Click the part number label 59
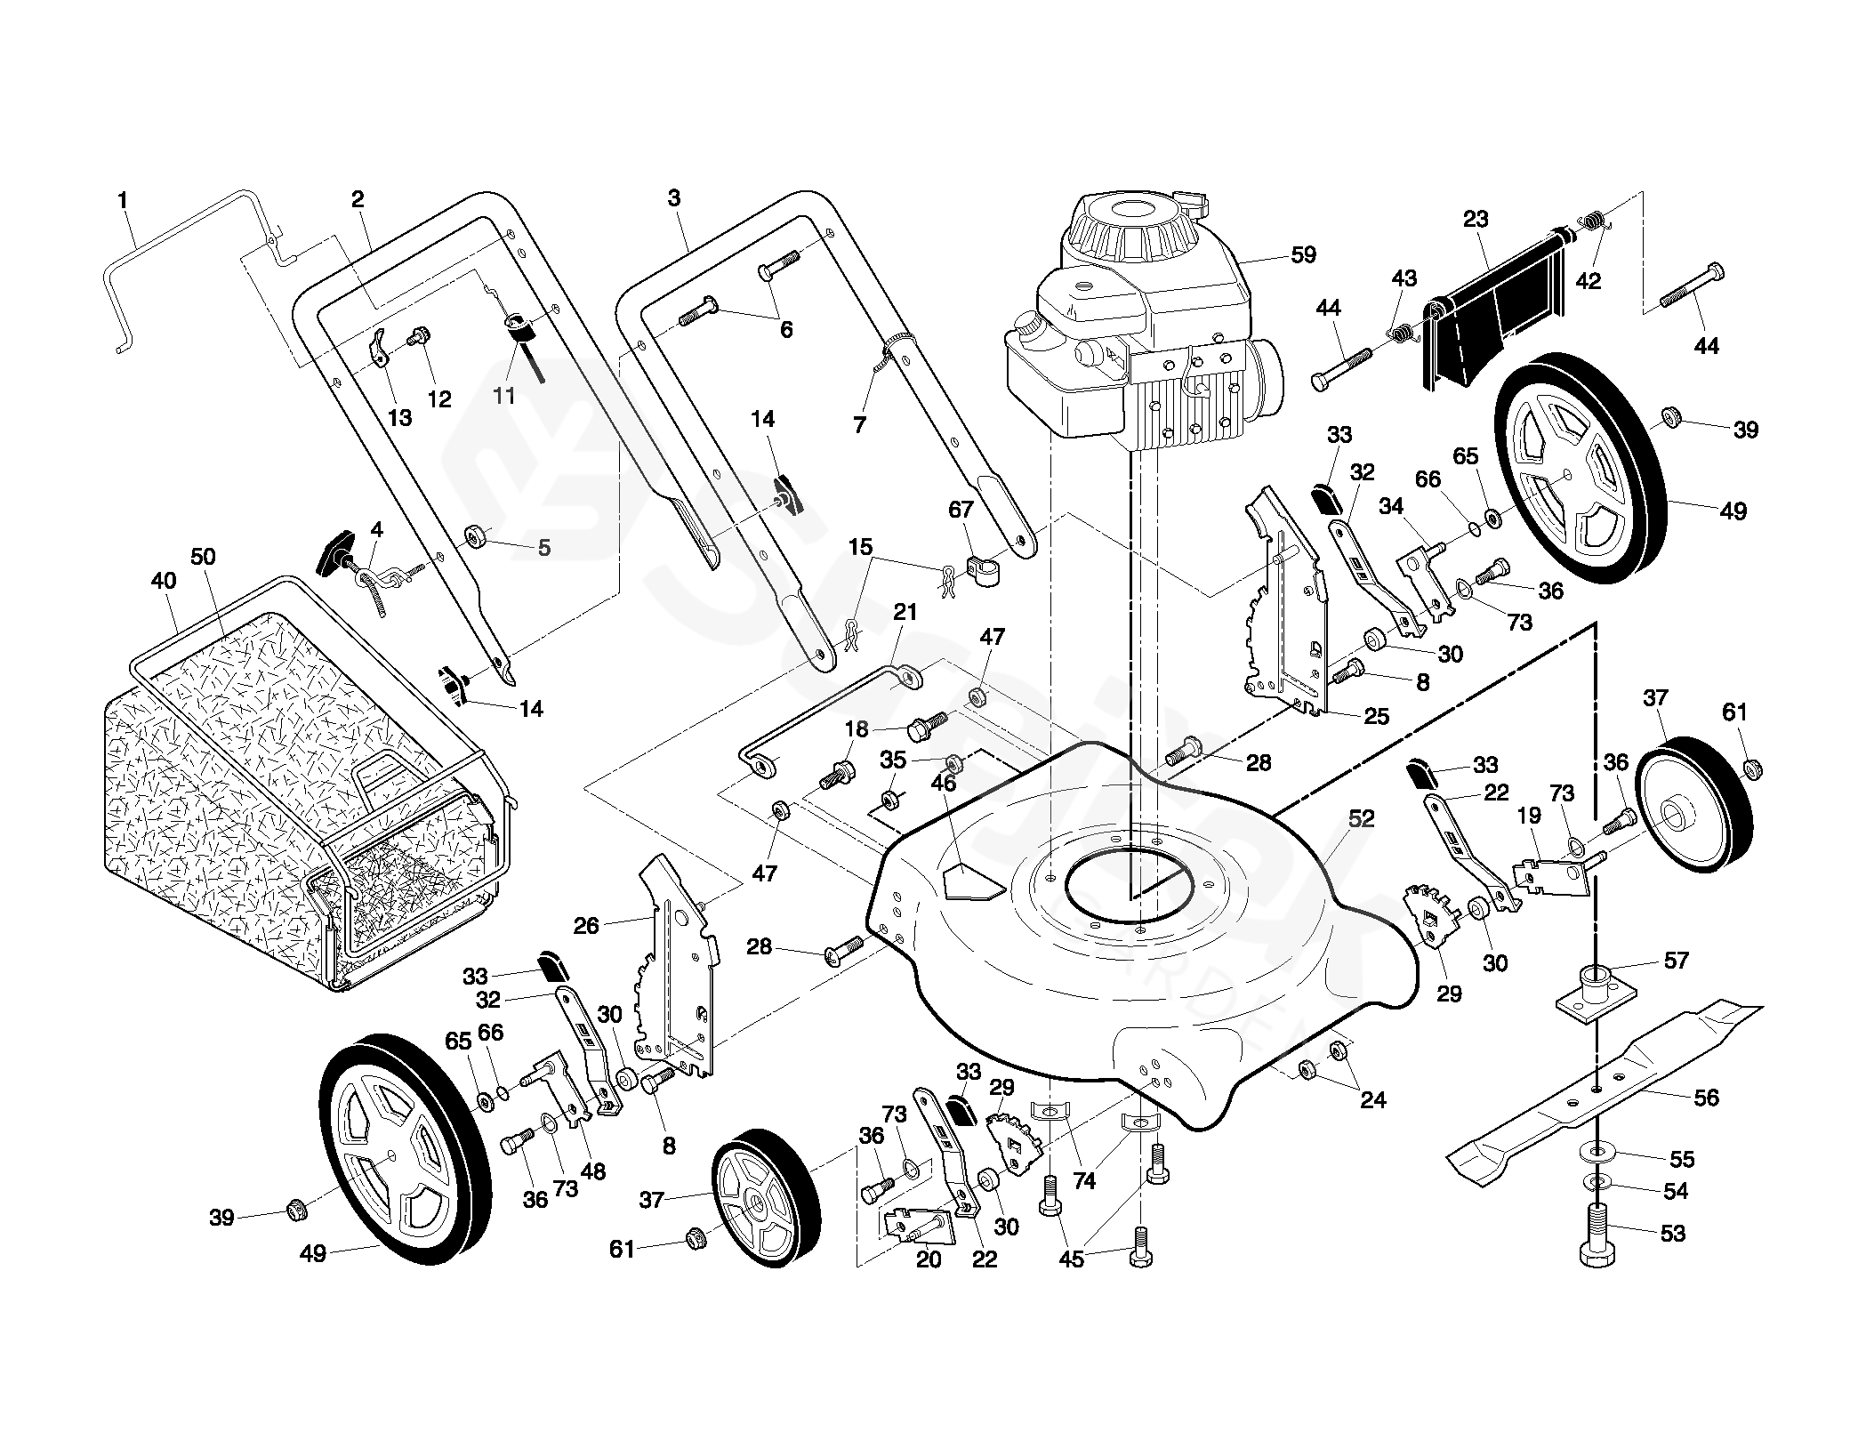[x=1303, y=255]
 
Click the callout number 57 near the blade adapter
[x=1676, y=961]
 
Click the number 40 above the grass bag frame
[x=164, y=581]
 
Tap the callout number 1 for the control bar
[x=123, y=201]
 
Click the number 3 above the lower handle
[x=673, y=197]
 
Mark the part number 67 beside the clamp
[x=961, y=510]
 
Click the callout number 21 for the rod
[x=905, y=612]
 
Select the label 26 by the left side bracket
[x=586, y=926]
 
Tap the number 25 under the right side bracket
[x=1376, y=716]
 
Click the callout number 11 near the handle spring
[x=504, y=395]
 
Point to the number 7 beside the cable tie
[x=859, y=425]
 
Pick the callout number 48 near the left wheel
[x=592, y=1171]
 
